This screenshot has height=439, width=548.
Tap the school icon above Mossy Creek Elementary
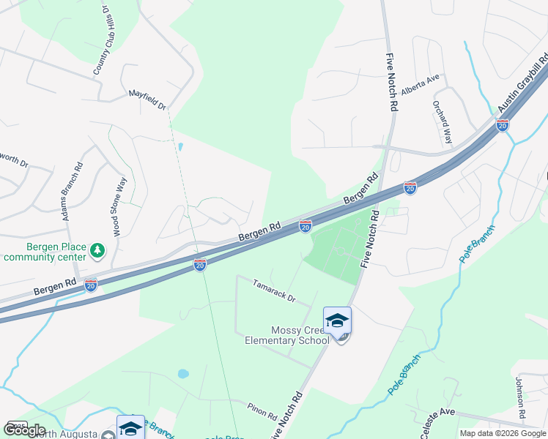pyautogui.click(x=337, y=320)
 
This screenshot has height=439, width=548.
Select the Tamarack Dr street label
pyautogui.click(x=273, y=290)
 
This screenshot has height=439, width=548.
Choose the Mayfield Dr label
pyautogui.click(x=147, y=95)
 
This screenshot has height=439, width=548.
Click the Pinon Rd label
pyautogui.click(x=261, y=412)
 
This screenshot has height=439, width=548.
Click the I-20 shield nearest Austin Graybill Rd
pyautogui.click(x=503, y=125)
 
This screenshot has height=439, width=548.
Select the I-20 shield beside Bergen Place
pyautogui.click(x=91, y=285)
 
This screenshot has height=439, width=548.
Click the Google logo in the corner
pyautogui.click(x=24, y=430)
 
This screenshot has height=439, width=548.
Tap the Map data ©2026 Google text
pyautogui.click(x=502, y=433)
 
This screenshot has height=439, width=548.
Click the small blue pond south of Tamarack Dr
pyautogui.click(x=182, y=374)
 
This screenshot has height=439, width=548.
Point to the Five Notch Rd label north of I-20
pyautogui.click(x=393, y=81)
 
